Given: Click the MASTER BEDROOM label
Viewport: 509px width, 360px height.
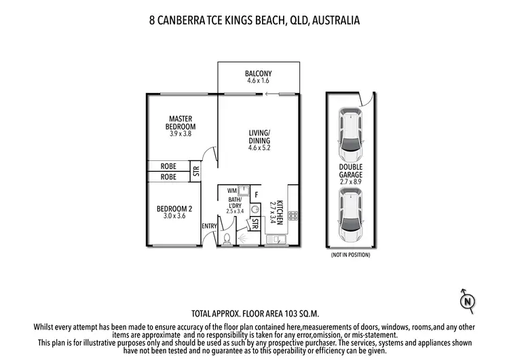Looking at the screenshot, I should (182, 123).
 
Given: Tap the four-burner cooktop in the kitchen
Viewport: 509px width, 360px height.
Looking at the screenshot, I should (293, 216).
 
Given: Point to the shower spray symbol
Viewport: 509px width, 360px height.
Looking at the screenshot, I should (243, 238).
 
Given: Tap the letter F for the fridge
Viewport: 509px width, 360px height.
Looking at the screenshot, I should (256, 195).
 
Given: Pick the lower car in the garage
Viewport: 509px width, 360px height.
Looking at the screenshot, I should (350, 216).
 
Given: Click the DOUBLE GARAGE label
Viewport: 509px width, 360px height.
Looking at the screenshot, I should (350, 170).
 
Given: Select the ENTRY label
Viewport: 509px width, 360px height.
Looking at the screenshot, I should (208, 226).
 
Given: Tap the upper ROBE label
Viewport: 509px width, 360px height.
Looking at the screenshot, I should (168, 166).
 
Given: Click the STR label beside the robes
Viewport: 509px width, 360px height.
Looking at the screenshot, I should (196, 171).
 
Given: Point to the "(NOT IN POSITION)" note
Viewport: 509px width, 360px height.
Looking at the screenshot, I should (350, 255).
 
